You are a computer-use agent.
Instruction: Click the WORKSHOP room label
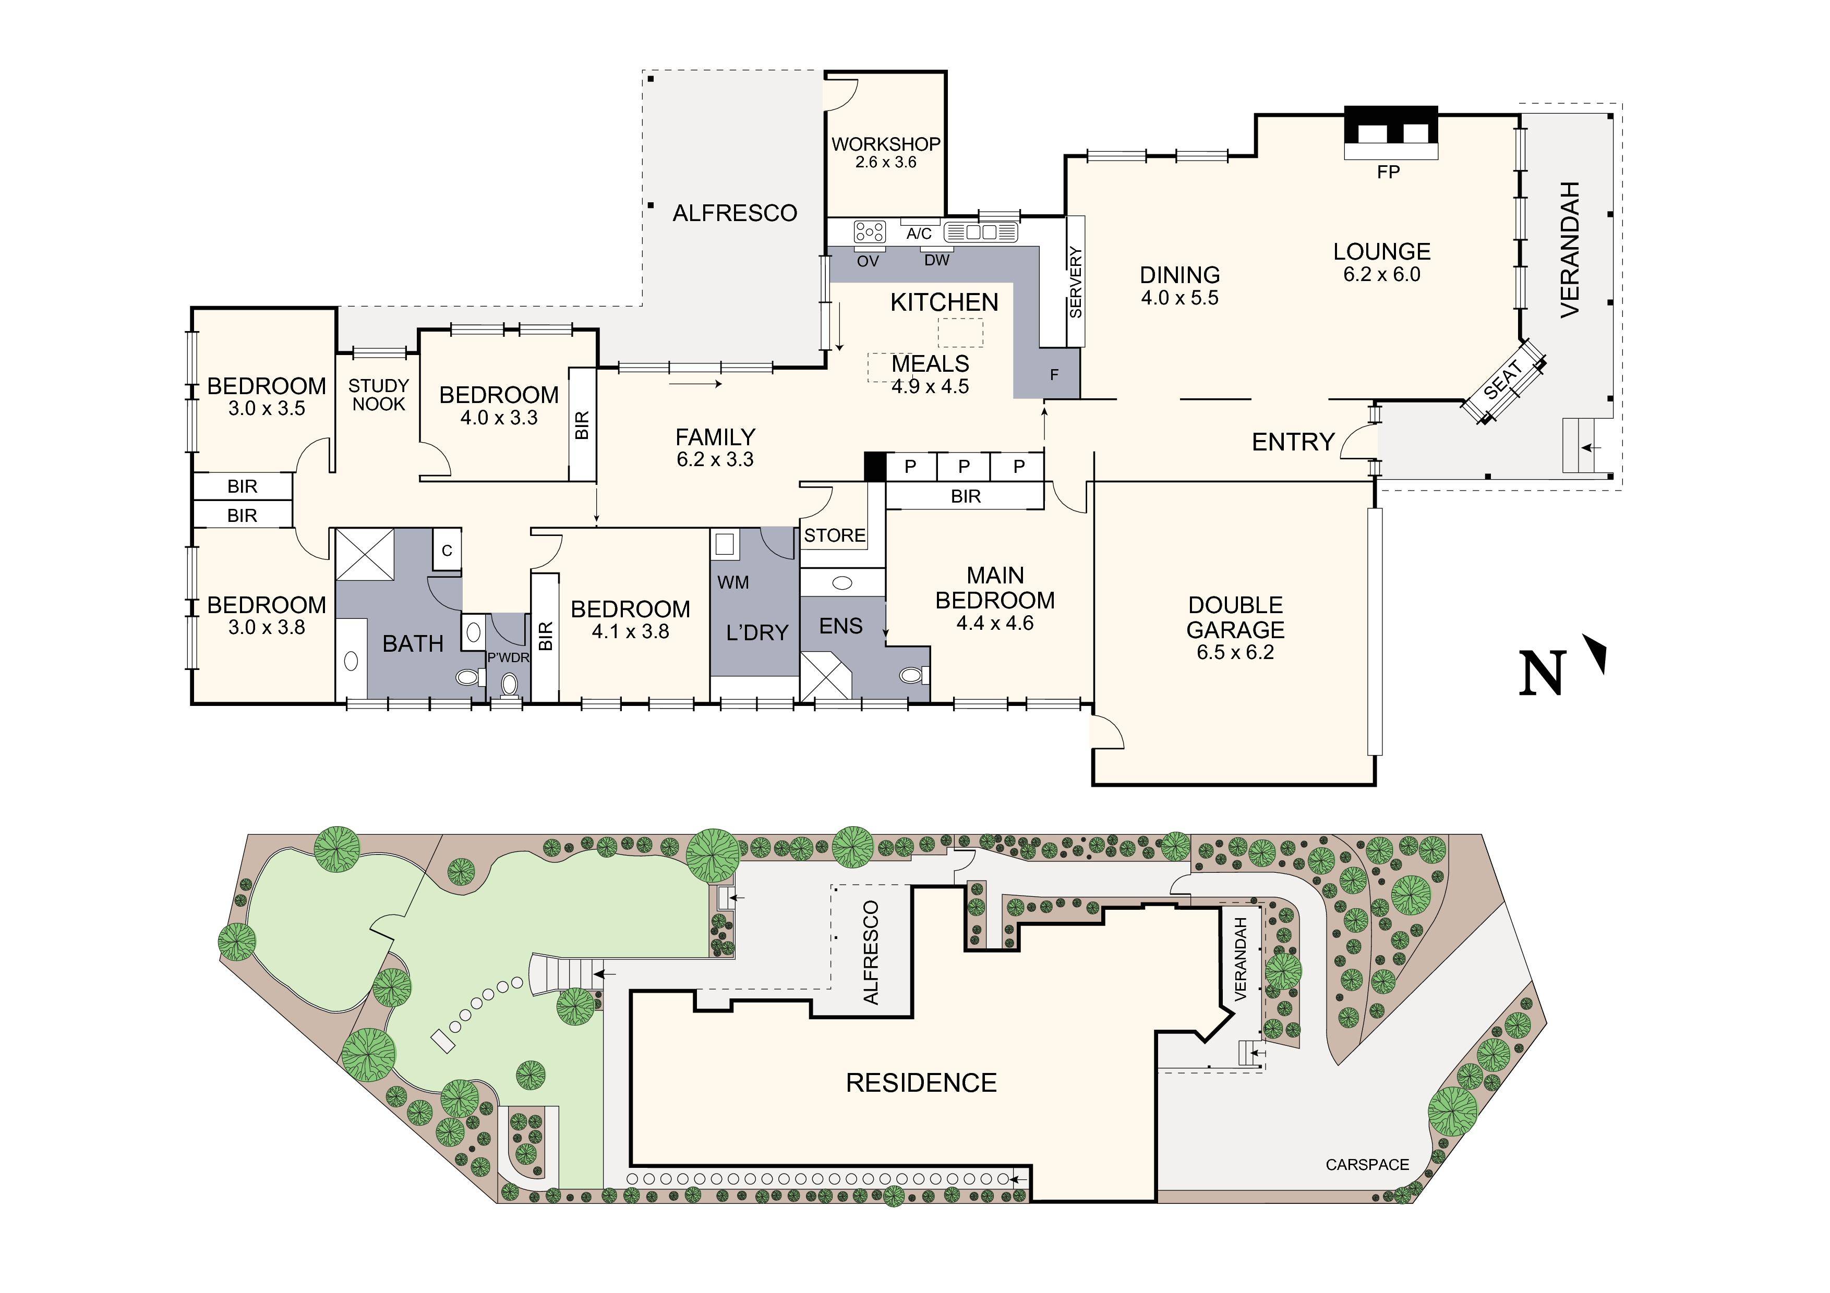click(885, 144)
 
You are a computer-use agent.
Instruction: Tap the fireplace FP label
click(1388, 172)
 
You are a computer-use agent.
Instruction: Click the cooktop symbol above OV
click(870, 232)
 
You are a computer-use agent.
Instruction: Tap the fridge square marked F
click(1054, 374)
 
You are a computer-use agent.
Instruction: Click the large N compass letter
click(1543, 673)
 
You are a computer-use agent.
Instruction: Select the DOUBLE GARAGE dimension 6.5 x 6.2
click(1235, 652)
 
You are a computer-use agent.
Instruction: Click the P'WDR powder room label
click(509, 657)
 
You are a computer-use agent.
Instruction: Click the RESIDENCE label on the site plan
click(921, 1083)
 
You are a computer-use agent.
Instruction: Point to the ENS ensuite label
click(841, 626)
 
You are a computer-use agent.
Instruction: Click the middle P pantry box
click(964, 467)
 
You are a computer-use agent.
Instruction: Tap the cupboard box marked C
click(447, 550)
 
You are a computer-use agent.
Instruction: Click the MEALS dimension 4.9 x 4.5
click(930, 386)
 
